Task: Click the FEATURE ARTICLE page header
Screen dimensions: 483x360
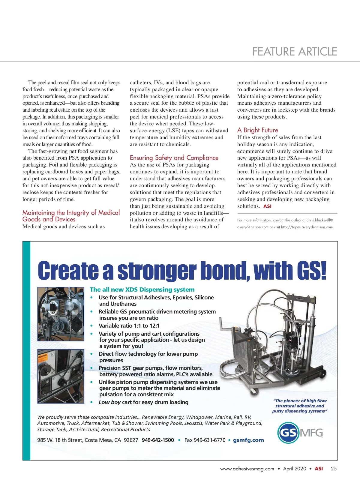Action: (295, 52)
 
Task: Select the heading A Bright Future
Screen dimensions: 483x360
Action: (258, 130)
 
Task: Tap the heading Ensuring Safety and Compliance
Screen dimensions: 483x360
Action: (174, 158)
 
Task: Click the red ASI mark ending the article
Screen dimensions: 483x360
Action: (267, 206)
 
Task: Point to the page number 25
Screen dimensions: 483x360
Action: (334, 469)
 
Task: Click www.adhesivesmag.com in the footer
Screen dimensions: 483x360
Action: (247, 469)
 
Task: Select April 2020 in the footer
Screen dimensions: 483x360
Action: (295, 469)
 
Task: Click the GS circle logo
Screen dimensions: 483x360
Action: (288, 433)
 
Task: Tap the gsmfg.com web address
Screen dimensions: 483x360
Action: (248, 440)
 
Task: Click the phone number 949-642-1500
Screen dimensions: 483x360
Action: (158, 440)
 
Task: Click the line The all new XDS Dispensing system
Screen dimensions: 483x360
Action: (142, 289)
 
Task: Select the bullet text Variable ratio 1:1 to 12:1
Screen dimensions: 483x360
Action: (129, 326)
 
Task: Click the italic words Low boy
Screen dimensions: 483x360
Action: (109, 402)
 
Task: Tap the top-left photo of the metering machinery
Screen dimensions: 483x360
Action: (61, 314)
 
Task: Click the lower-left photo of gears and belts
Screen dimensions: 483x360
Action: (61, 376)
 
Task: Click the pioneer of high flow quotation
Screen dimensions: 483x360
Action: (300, 406)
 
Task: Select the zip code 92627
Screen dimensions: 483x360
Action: (131, 440)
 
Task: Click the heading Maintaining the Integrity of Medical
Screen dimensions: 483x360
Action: (71, 213)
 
